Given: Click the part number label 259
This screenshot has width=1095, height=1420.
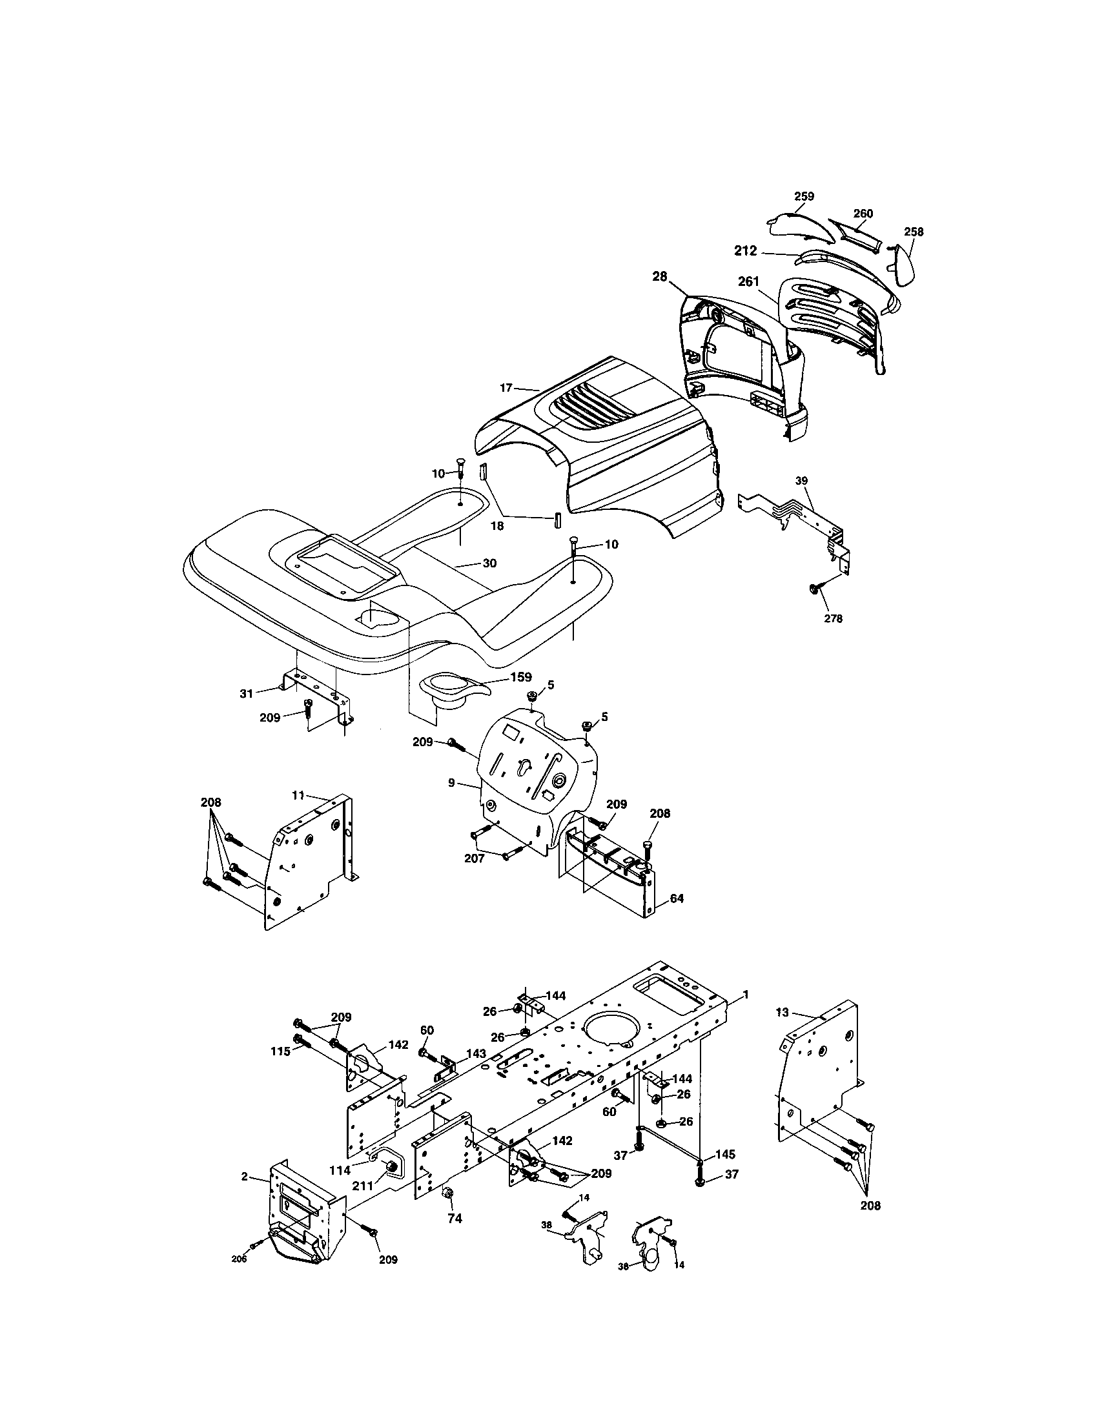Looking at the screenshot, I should [x=804, y=196].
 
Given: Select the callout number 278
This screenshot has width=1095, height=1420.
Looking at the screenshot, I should [x=833, y=619].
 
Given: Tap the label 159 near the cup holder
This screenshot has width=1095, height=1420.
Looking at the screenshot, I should [x=520, y=677].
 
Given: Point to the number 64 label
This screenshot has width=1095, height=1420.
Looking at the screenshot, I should [x=676, y=898].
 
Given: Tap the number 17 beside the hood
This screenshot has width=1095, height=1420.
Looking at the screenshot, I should [x=507, y=388].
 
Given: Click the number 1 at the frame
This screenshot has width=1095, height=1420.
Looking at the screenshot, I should [x=746, y=1012].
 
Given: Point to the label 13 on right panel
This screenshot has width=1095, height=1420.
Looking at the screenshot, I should [x=783, y=1031].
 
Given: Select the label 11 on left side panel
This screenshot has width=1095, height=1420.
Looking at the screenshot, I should [x=298, y=795].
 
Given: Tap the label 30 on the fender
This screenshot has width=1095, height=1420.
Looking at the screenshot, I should [x=489, y=563].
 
